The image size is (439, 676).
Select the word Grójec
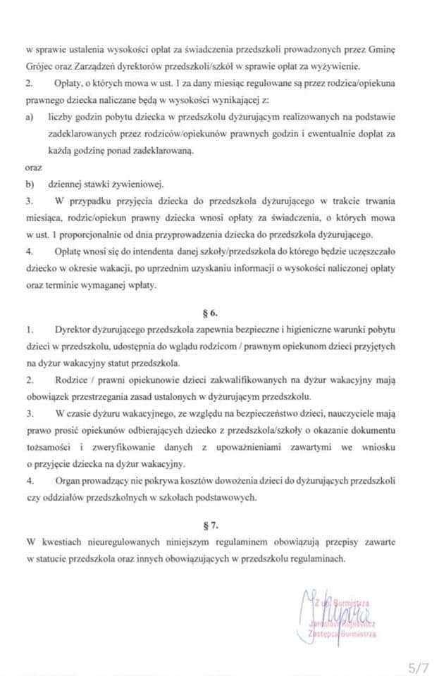point(41,67)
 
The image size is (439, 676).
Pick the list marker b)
point(30,184)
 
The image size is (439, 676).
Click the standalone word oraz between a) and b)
point(33,168)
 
